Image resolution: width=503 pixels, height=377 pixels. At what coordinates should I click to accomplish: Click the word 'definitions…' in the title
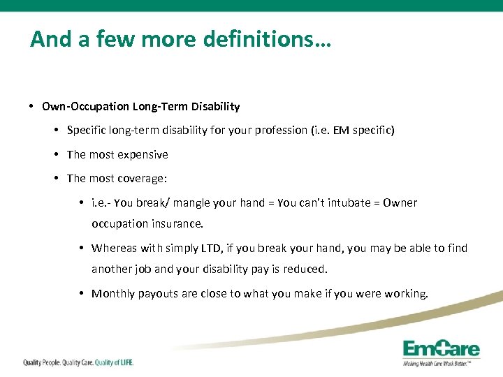[x=268, y=39]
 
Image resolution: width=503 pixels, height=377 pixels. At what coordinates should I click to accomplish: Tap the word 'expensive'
[x=143, y=154]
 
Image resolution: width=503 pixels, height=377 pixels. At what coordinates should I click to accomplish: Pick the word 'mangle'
[x=196, y=203]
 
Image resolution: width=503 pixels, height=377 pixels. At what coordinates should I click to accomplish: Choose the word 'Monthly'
[x=113, y=293]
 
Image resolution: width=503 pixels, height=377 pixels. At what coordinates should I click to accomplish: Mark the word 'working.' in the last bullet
[x=406, y=293]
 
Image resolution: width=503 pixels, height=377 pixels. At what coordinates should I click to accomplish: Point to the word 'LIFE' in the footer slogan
[x=123, y=362]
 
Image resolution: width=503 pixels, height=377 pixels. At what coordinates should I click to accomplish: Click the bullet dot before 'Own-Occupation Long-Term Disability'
[x=33, y=107]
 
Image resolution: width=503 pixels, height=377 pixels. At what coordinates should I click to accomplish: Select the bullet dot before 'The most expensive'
[x=57, y=154]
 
